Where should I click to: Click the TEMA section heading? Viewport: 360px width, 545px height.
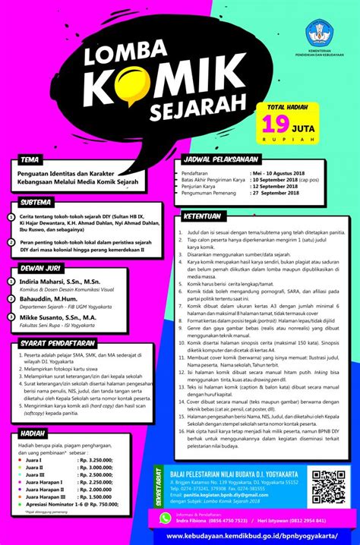point(31,159)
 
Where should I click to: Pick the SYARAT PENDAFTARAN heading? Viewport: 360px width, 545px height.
point(49,342)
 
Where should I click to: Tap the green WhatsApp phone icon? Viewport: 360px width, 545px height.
point(164,518)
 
